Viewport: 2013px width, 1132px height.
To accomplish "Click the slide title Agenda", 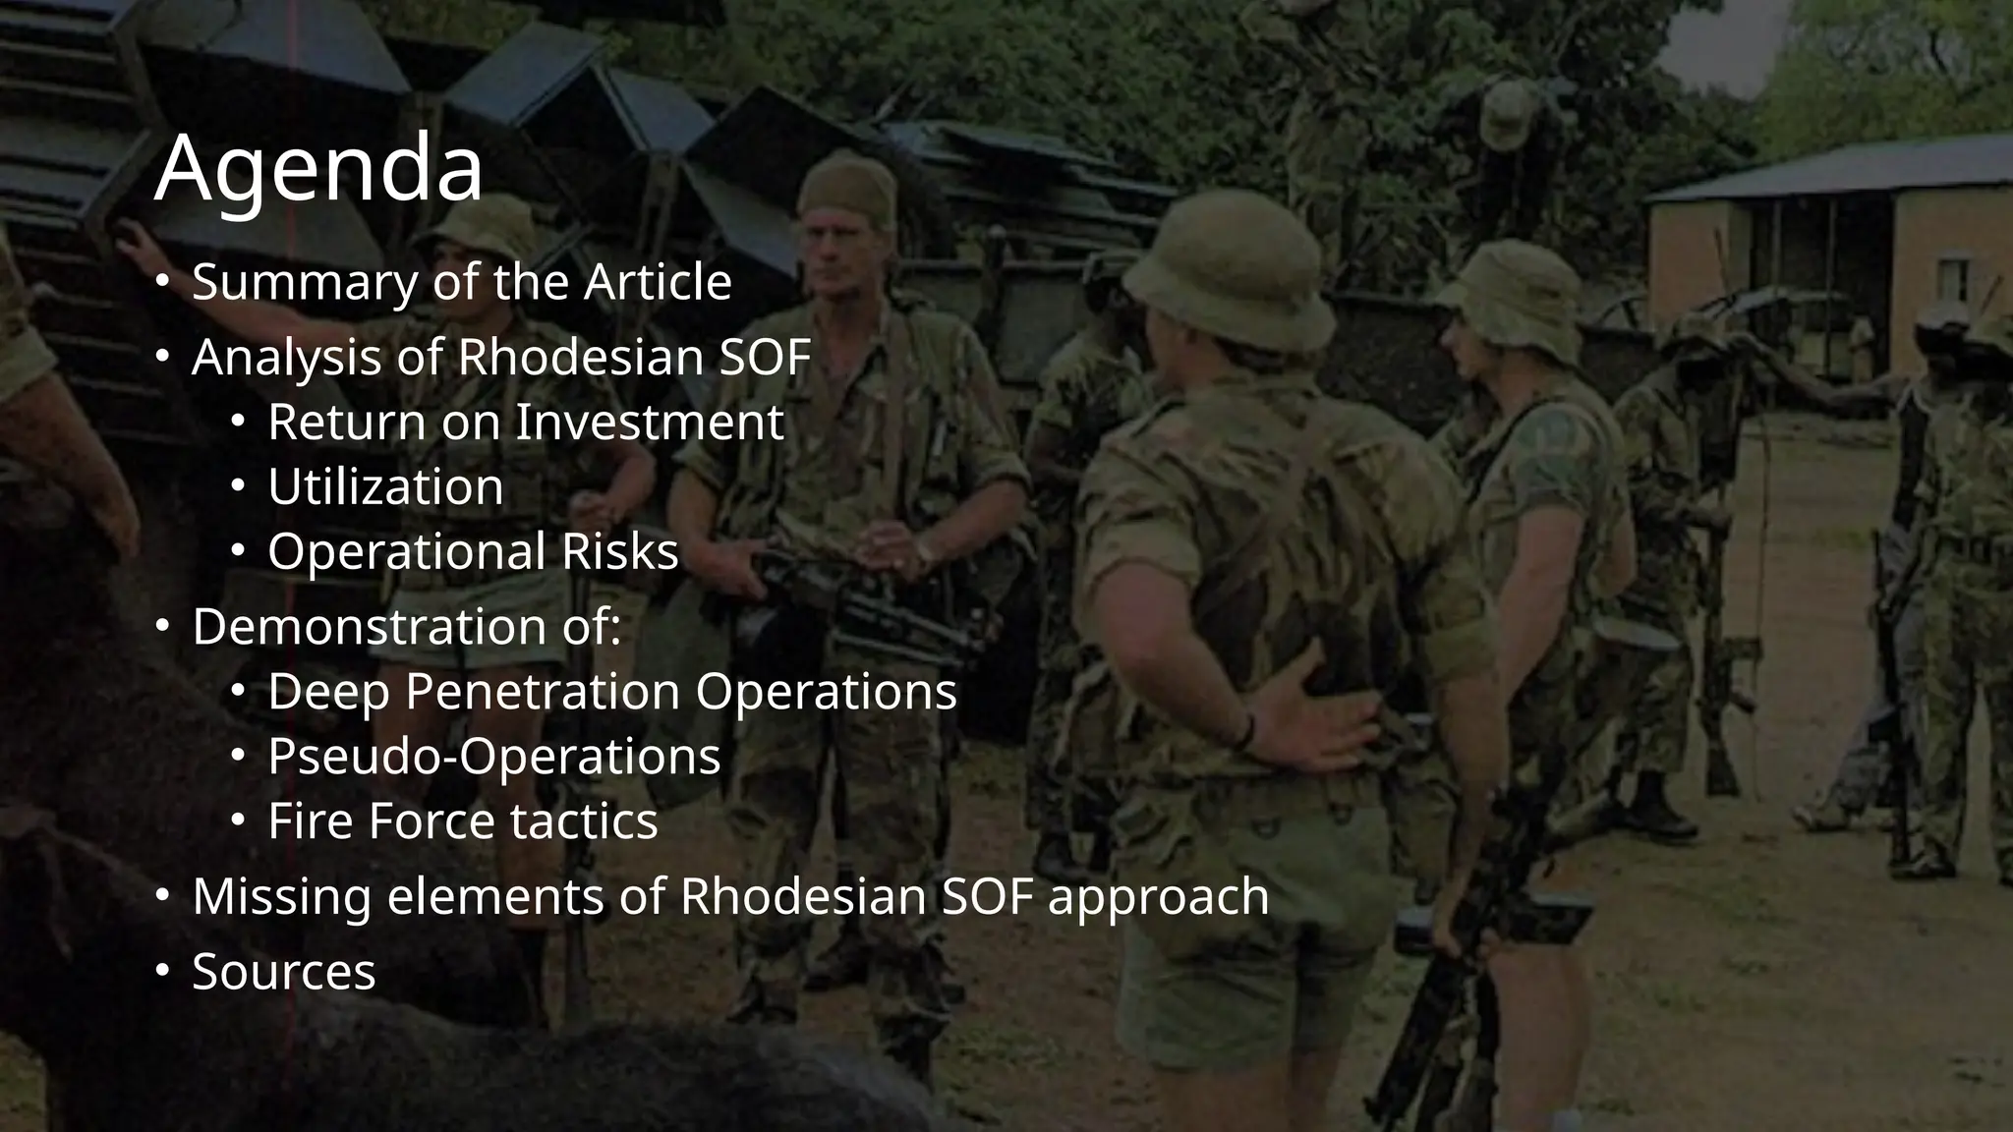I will [318, 167].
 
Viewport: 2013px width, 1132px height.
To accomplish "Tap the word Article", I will [658, 282].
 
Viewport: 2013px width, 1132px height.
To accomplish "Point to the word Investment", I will [650, 423].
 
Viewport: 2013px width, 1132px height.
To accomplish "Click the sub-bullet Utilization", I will [385, 487].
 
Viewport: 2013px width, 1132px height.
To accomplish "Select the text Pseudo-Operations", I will [493, 757].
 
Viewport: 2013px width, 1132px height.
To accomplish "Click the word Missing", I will [282, 897].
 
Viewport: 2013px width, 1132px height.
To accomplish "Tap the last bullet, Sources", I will [283, 972].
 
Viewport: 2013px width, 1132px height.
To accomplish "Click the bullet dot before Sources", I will [163, 972].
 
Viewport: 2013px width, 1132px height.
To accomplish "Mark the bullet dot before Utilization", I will [237, 486].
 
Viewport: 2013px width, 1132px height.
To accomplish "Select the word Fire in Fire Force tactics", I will [311, 821].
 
